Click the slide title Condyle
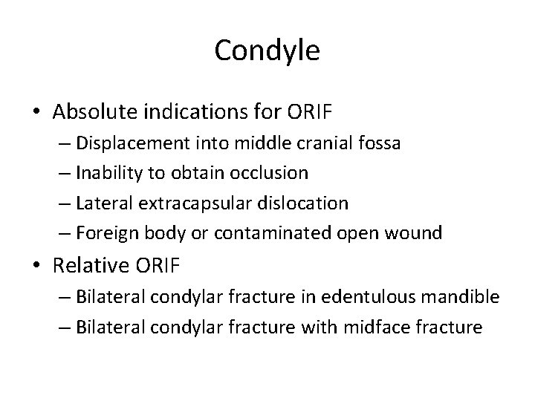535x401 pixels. pos(267,51)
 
